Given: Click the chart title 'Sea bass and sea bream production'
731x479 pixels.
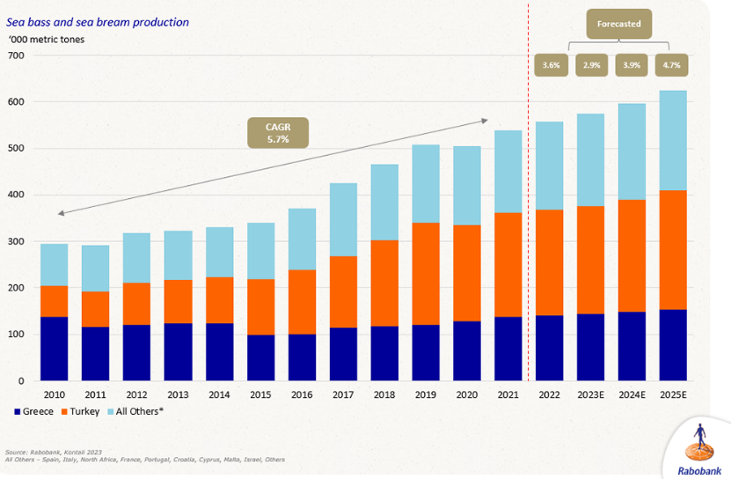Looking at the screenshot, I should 98,22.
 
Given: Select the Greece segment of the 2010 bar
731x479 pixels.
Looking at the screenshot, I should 55,349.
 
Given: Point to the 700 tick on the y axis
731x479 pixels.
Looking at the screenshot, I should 17,55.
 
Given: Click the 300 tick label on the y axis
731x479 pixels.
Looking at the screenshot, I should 17,241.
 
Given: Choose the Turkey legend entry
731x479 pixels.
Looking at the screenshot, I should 84,411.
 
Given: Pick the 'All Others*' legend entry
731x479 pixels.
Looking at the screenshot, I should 143,411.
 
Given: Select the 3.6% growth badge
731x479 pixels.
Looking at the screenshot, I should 552,65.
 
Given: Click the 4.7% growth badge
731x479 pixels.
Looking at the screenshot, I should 672,65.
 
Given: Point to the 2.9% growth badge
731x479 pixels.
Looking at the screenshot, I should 592,65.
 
